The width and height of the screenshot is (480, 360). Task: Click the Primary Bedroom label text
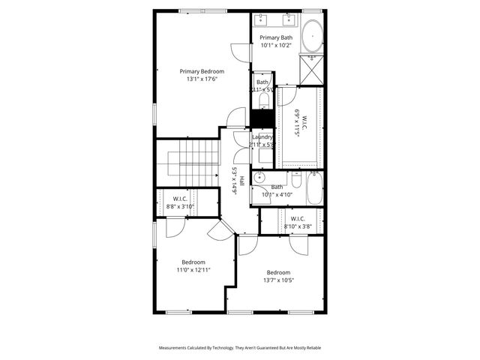point(202,71)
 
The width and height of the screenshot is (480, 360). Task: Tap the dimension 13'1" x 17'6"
point(202,79)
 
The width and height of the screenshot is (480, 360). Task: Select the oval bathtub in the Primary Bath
point(312,36)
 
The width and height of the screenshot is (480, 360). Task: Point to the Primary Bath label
point(276,37)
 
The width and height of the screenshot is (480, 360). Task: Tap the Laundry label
point(262,137)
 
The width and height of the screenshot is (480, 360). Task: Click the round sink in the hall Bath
point(259,178)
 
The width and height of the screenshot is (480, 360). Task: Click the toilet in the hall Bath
point(295,180)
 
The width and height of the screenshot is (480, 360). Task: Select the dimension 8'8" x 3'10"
point(179,206)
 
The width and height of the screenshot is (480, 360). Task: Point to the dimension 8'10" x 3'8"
point(298,226)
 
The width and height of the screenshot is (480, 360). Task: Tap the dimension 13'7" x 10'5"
point(277,280)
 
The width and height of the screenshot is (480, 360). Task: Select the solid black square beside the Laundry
point(261,118)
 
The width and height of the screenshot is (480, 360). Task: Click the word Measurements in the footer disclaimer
point(178,348)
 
